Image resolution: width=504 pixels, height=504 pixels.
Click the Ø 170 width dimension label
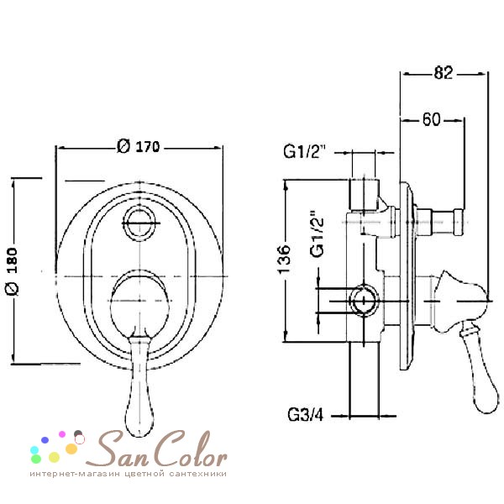click(x=139, y=146)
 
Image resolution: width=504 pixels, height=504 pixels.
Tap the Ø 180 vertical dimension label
click(x=13, y=271)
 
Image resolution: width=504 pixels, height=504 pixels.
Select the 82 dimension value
click(x=444, y=72)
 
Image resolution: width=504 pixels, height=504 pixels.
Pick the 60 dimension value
click(x=431, y=119)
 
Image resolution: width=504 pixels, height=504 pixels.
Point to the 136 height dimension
click(x=284, y=260)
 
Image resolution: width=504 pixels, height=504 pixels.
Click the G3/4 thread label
click(x=306, y=415)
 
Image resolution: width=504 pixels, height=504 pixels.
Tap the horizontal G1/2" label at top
click(x=304, y=151)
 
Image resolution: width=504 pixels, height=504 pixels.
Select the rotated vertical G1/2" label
click(x=317, y=234)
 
